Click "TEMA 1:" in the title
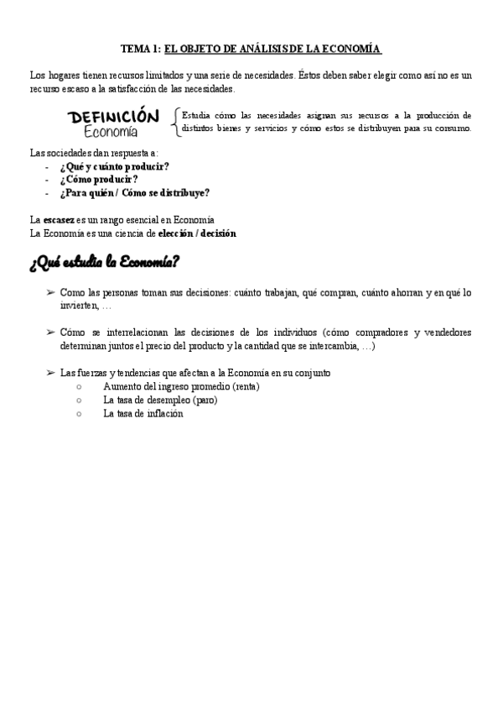click(x=140, y=50)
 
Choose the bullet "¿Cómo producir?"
click(x=99, y=179)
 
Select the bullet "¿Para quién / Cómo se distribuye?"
click(x=134, y=192)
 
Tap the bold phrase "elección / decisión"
click(x=197, y=233)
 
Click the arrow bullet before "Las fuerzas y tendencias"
click(x=50, y=373)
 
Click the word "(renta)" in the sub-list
click(x=245, y=386)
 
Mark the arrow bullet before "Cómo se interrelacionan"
click(x=50, y=332)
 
